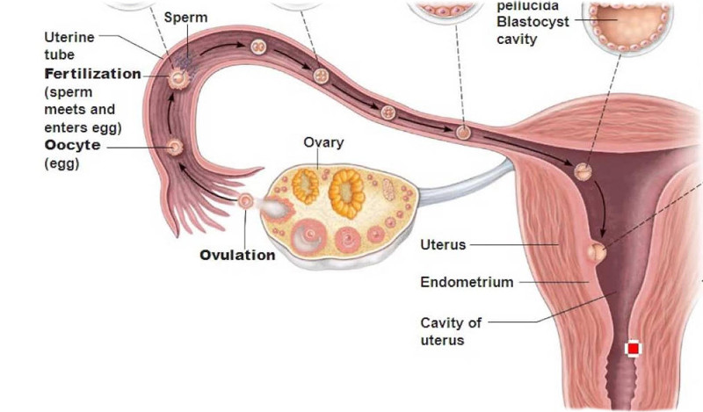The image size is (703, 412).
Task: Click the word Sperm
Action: point(185,18)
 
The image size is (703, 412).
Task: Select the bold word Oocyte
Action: point(72,145)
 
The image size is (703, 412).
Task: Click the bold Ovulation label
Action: point(237,256)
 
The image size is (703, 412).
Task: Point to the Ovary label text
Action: point(323,142)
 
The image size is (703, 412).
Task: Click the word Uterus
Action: point(443,244)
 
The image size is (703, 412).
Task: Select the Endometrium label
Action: point(467,282)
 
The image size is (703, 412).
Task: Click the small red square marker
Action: point(633,349)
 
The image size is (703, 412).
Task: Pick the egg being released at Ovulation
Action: point(247,201)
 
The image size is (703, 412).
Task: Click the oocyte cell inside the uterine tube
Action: point(176,148)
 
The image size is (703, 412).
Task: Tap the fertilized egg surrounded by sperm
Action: point(178,77)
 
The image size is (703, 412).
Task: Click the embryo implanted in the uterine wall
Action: point(599,252)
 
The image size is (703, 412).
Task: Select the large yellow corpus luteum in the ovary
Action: point(345,192)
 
